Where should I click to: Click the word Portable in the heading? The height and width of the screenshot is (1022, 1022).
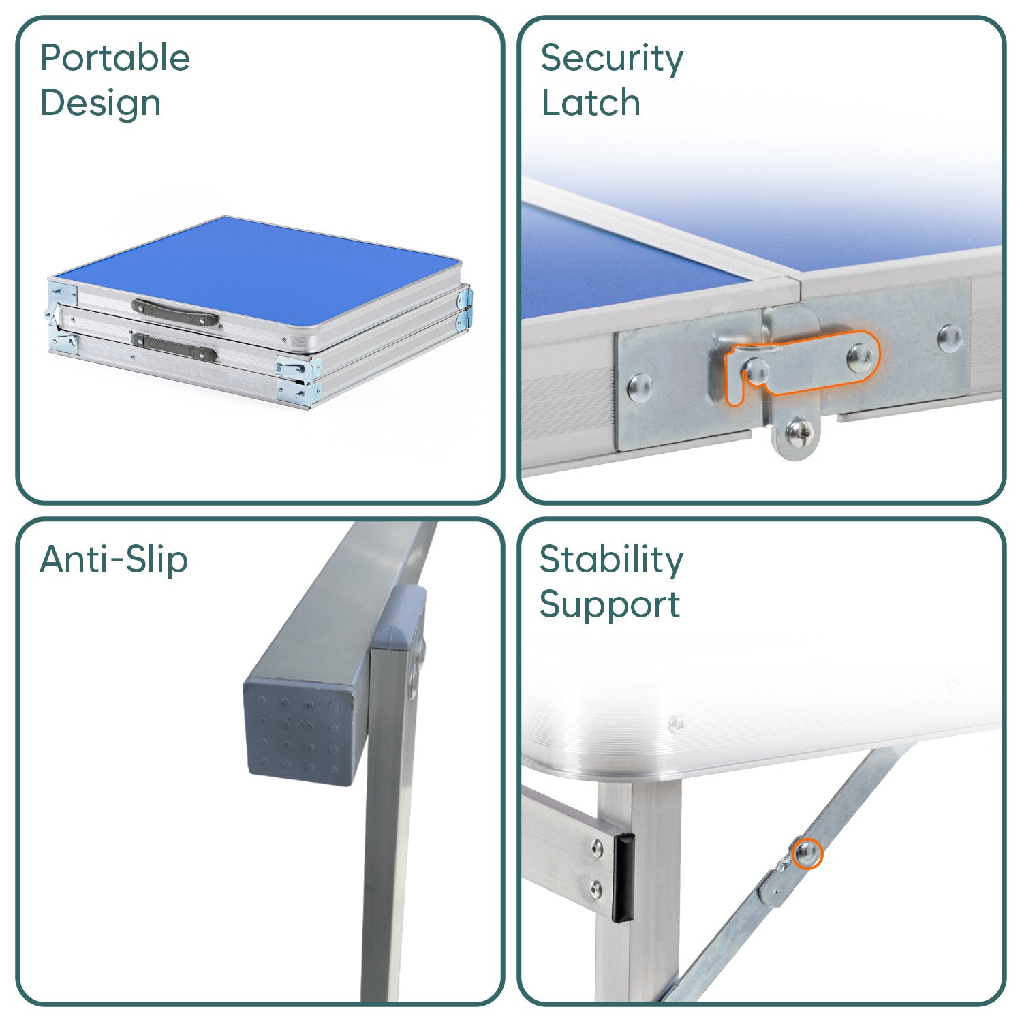click(115, 58)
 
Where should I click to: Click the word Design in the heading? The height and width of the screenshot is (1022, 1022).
click(101, 104)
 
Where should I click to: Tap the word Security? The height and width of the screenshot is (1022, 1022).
click(612, 59)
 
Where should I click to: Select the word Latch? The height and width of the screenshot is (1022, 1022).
click(591, 104)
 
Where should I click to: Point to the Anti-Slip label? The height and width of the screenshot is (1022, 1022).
click(114, 560)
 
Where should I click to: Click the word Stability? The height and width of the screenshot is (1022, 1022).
click(611, 561)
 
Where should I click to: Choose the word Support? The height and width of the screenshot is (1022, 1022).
click(610, 606)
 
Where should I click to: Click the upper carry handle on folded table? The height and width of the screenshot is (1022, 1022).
click(175, 311)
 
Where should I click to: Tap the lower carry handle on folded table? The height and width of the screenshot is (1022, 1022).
click(174, 347)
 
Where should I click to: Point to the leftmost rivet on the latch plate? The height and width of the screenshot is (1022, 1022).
click(639, 386)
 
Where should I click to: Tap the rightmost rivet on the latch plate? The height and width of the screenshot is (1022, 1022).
click(950, 337)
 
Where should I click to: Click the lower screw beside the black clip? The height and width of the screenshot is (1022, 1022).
click(598, 888)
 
